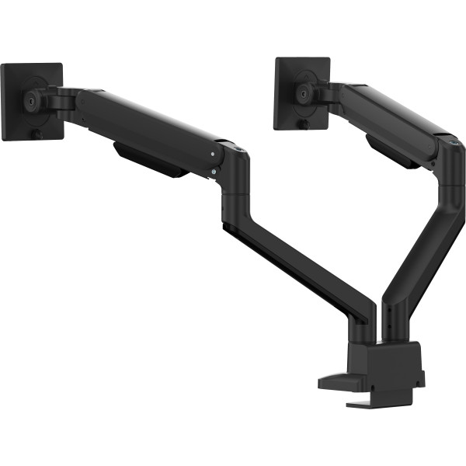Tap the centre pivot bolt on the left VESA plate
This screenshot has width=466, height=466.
coord(31,99)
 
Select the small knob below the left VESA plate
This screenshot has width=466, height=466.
coord(37,134)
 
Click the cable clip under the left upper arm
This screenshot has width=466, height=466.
coord(151,159)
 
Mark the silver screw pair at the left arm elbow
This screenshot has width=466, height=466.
coord(214,167)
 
